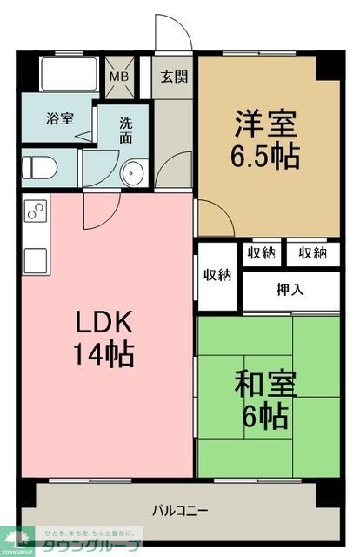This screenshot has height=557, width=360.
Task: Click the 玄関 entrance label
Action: [x=174, y=76]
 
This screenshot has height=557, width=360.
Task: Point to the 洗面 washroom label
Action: [x=127, y=131]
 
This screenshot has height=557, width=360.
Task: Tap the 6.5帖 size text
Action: [x=266, y=157]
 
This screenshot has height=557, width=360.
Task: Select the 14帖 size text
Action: [x=103, y=354]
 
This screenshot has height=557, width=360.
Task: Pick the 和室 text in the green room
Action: [x=266, y=384]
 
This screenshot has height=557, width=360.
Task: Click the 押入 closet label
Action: [x=290, y=290]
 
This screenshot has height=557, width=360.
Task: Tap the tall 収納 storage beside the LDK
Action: [x=217, y=275]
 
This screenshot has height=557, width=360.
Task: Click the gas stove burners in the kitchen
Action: [x=37, y=210]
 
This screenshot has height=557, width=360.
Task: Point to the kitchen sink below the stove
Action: [x=36, y=259]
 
